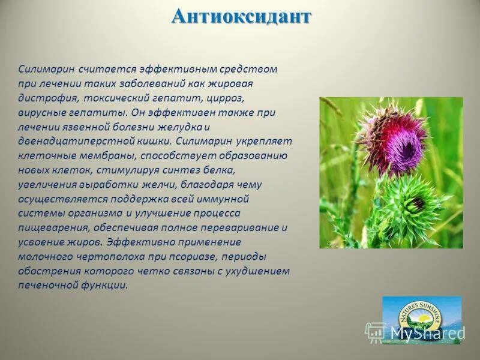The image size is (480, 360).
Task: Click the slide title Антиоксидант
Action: (241, 17)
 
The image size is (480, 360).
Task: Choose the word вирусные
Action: (40, 112)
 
